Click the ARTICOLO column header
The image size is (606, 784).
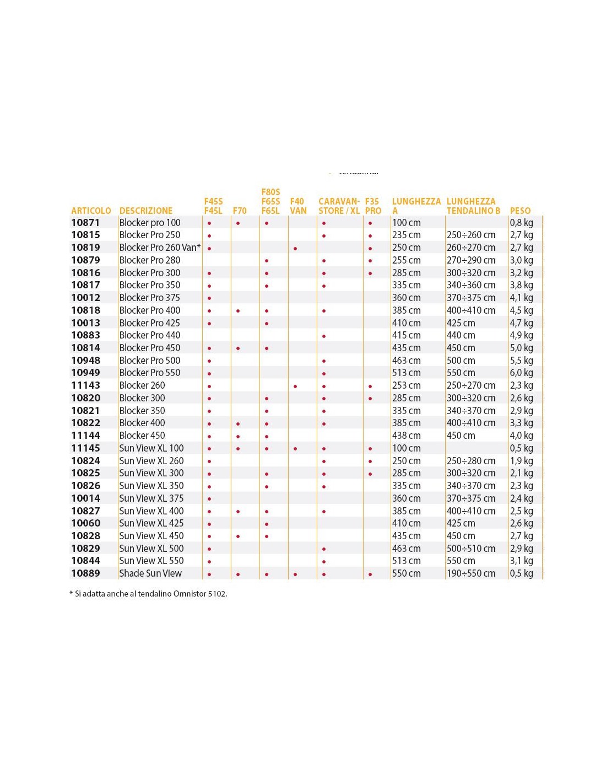click(91, 211)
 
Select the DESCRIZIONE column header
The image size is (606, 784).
click(145, 211)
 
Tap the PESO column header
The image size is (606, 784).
click(520, 211)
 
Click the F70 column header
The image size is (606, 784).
click(240, 211)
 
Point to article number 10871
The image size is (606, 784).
click(85, 223)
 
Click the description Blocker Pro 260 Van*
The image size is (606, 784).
click(160, 248)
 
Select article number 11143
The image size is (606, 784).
click(85, 385)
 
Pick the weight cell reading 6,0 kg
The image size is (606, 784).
click(521, 373)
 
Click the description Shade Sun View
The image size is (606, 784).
click(150, 573)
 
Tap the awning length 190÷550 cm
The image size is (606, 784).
click(471, 573)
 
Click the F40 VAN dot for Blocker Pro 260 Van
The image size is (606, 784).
click(295, 249)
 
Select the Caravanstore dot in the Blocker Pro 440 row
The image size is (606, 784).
click(324, 336)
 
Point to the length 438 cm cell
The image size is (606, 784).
click(406, 436)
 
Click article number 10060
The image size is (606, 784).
click(85, 523)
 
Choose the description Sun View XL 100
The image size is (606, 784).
click(151, 448)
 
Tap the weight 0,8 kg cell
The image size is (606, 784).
click(521, 223)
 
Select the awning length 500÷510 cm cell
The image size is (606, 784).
click(471, 549)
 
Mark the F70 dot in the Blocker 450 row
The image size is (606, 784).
click(238, 437)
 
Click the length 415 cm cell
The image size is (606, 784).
click(406, 335)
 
